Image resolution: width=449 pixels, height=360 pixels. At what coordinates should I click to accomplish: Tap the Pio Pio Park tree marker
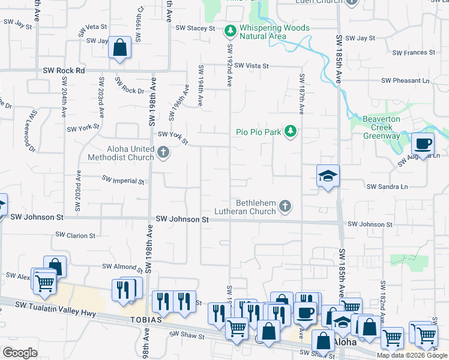point(291,131)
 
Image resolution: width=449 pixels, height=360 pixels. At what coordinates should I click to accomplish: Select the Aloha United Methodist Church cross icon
point(163,154)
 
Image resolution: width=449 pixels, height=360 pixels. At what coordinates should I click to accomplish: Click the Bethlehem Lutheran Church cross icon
point(285,207)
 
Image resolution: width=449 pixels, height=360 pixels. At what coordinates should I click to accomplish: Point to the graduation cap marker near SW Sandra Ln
point(328,176)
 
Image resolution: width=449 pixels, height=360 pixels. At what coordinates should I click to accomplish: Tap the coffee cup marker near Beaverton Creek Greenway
point(423,144)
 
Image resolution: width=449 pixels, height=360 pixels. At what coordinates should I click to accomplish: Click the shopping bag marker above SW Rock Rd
point(119,47)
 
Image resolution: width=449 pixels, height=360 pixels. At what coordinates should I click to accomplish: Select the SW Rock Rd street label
point(64,71)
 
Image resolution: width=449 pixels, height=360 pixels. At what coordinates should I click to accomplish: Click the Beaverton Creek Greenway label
point(381,127)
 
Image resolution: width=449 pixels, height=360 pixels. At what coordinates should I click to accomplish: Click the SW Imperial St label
point(123,179)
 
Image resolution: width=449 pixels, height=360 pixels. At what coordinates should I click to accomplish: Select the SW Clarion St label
point(75,236)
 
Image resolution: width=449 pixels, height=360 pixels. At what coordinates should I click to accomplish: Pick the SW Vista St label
point(251,65)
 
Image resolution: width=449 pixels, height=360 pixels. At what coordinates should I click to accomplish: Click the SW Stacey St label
point(195,28)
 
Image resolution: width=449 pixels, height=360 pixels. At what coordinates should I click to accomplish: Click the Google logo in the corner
point(20,353)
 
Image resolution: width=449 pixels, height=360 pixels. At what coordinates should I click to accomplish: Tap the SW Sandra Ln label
point(388,187)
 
